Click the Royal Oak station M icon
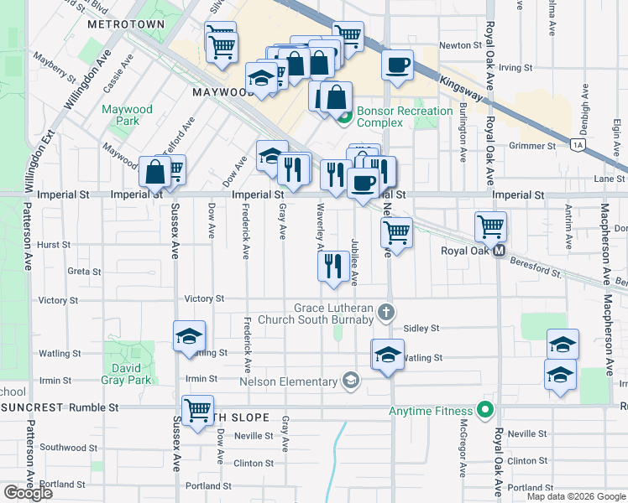pyautogui.click(x=499, y=251)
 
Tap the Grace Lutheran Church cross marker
pyautogui.click(x=385, y=313)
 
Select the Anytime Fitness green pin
pyautogui.click(x=484, y=410)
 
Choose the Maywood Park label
pyautogui.click(x=128, y=115)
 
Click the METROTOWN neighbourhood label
pyautogui.click(x=126, y=24)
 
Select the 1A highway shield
pyautogui.click(x=578, y=144)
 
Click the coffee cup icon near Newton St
pyautogui.click(x=397, y=65)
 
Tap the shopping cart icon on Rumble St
pyautogui.click(x=197, y=411)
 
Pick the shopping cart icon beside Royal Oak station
pyautogui.click(x=490, y=226)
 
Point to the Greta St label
pyautogui.click(x=84, y=272)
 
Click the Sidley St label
pyautogui.click(x=421, y=329)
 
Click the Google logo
pyautogui.click(x=28, y=493)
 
